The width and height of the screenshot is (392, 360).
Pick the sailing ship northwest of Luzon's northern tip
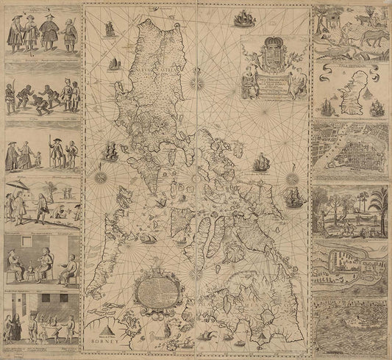click(x=110, y=29)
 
